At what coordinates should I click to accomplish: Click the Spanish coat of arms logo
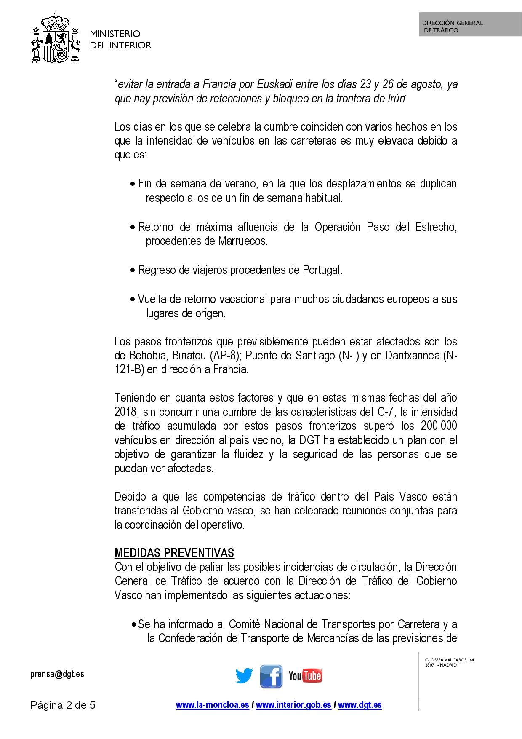point(56,39)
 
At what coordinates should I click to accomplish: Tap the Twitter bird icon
point(244,676)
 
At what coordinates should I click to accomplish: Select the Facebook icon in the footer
point(271,676)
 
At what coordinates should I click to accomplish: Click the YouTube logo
point(305,676)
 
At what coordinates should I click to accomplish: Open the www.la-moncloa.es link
point(212,705)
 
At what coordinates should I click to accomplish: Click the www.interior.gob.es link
point(293,705)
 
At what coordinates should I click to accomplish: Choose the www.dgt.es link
point(360,705)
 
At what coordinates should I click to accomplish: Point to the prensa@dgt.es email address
point(57,674)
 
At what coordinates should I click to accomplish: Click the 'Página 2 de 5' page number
point(63,705)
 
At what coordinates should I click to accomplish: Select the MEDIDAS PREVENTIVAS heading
point(174,553)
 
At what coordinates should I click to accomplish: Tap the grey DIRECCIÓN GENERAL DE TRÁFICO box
point(470,24)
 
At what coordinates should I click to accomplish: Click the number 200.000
point(439,426)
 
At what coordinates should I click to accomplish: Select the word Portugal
point(322,270)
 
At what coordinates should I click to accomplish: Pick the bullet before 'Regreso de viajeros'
point(133,270)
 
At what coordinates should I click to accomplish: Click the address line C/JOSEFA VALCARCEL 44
point(450,660)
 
